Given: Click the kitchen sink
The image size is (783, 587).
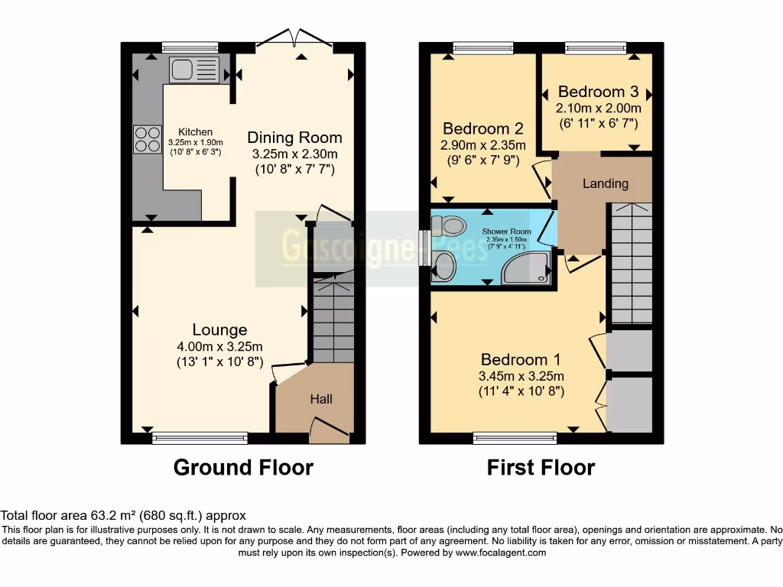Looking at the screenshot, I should pyautogui.click(x=193, y=70).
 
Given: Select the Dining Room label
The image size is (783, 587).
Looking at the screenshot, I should pyautogui.click(x=294, y=138).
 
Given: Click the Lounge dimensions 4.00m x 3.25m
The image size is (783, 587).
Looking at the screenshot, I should pyautogui.click(x=219, y=345).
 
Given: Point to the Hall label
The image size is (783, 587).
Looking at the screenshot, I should pyautogui.click(x=321, y=399).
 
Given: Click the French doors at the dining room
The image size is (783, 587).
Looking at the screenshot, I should pyautogui.click(x=294, y=42).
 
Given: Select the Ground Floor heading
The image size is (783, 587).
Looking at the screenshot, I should pyautogui.click(x=243, y=467).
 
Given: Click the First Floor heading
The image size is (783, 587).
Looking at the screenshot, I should pyautogui.click(x=541, y=467).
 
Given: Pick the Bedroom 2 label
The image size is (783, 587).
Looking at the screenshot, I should pyautogui.click(x=482, y=128).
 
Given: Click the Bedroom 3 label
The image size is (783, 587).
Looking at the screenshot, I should pyautogui.click(x=598, y=91).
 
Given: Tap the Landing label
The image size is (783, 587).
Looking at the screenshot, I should pyautogui.click(x=605, y=183).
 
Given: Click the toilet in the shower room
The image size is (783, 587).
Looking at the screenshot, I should pyautogui.click(x=449, y=225).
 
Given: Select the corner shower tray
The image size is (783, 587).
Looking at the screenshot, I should pyautogui.click(x=528, y=268).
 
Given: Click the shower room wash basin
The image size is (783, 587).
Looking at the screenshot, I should pyautogui.click(x=443, y=266).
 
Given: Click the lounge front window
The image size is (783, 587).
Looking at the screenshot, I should pyautogui.click(x=200, y=438).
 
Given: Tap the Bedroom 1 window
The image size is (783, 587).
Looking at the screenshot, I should pyautogui.click(x=515, y=438).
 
